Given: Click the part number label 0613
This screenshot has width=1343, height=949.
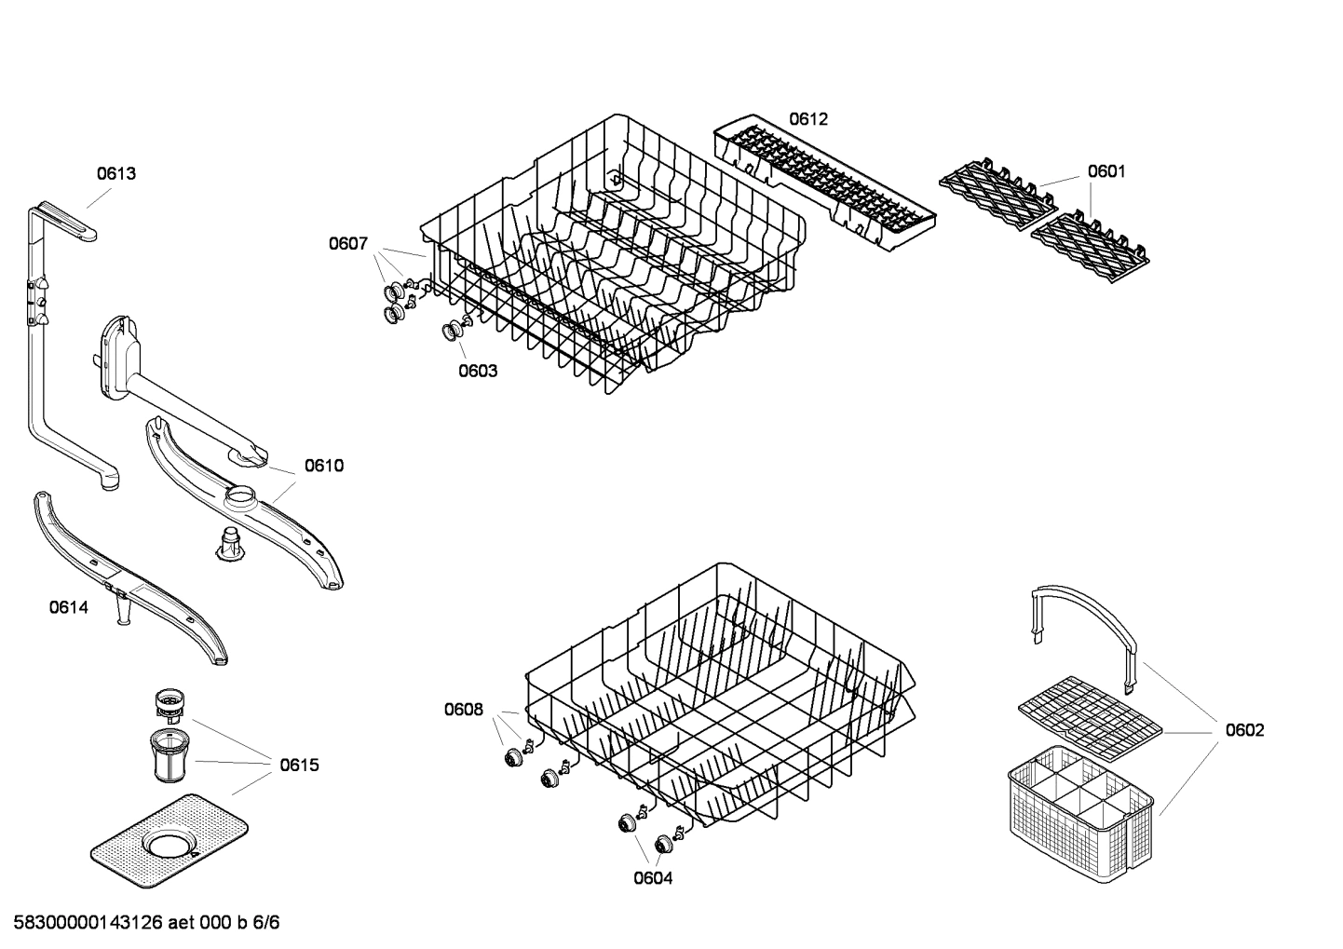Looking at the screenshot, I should pos(116,173).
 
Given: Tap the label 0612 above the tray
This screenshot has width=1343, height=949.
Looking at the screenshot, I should pos(807,119).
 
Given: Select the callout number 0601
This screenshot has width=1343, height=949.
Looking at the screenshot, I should pos(1106,171).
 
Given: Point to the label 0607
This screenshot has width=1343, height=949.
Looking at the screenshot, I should pos(347,244).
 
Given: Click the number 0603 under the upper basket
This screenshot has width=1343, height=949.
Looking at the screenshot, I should pos(478,371).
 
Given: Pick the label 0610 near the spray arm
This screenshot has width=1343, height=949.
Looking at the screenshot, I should pos(324,466).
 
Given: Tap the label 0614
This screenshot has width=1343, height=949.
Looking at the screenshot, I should pos(69,608).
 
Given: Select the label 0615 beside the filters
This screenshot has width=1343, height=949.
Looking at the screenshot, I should pos(299,766).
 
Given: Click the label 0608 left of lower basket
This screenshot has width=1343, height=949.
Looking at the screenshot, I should pos(463,711).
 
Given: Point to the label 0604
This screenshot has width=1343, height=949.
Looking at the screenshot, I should pos(653,877).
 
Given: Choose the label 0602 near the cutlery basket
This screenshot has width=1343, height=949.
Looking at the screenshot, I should pos(1244,730).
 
